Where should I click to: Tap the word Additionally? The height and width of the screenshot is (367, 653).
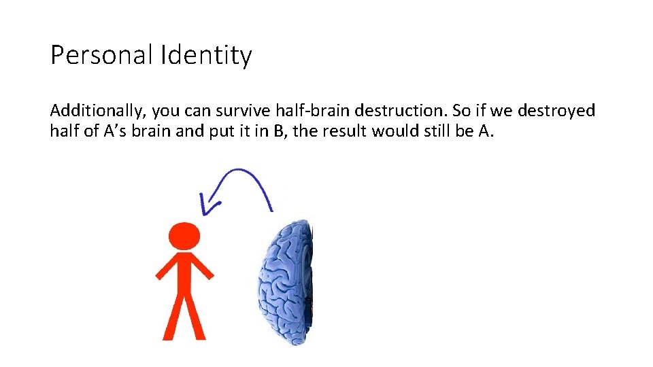click(x=97, y=110)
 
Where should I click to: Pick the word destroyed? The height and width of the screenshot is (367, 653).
click(x=556, y=110)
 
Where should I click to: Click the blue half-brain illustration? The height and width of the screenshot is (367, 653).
click(x=286, y=282)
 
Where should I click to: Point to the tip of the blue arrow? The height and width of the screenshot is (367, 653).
click(x=203, y=212)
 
